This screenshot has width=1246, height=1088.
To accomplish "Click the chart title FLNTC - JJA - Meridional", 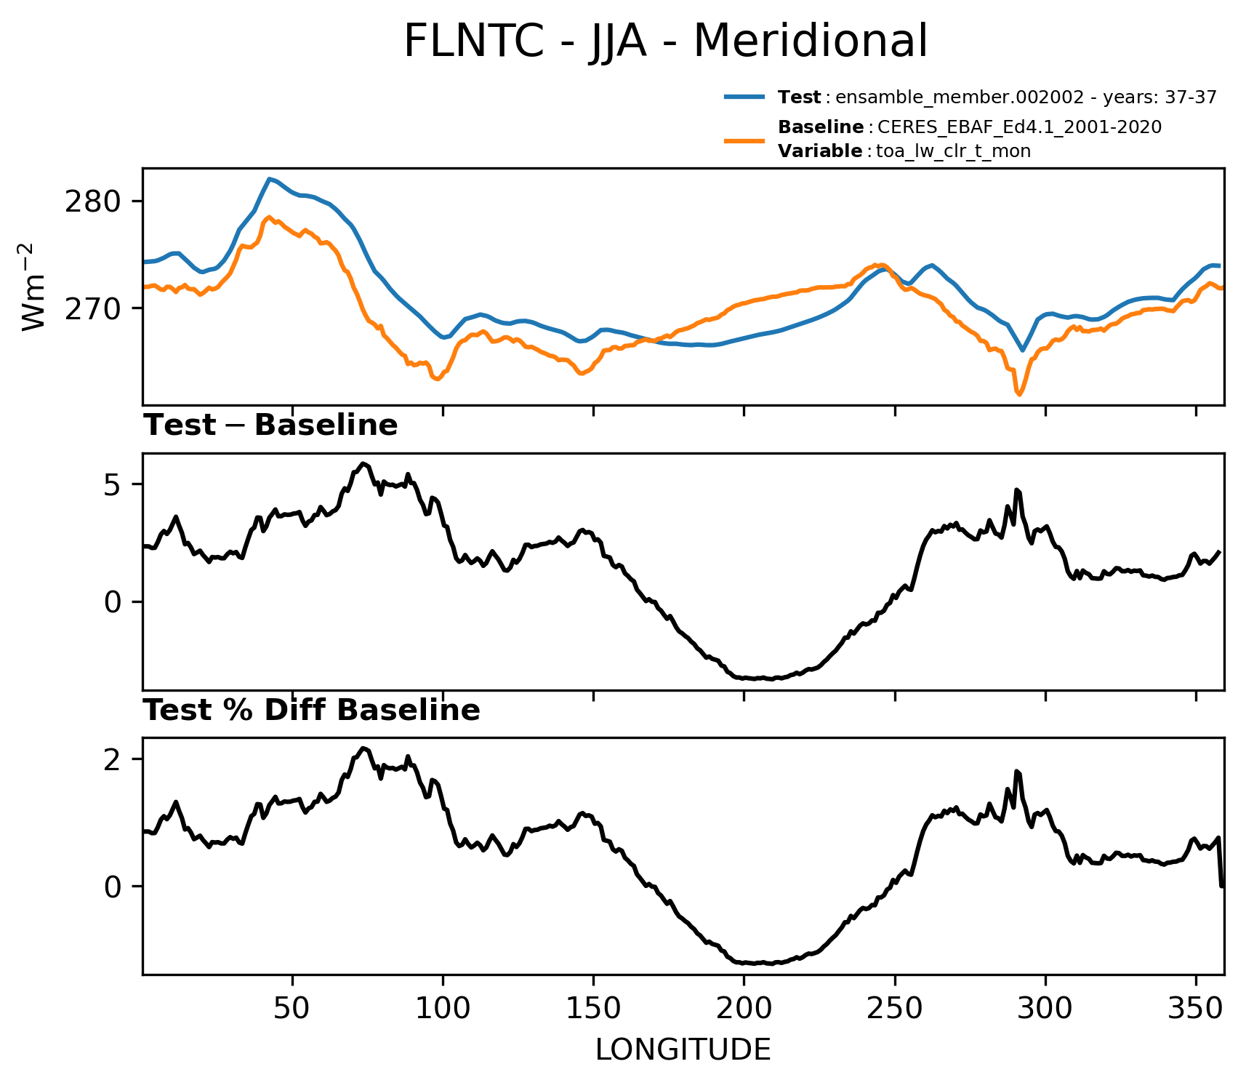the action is (x=665, y=41).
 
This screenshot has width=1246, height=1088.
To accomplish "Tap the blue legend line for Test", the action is (x=744, y=97).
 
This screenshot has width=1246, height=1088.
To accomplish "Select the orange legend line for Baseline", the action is (x=744, y=140).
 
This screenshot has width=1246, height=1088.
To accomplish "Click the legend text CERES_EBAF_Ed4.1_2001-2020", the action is (x=1020, y=127).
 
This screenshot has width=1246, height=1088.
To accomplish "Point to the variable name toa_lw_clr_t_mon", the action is (x=954, y=151).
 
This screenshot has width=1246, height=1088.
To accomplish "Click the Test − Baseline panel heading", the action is (x=270, y=425).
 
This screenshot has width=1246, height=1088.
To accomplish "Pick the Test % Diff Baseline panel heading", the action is (x=312, y=711).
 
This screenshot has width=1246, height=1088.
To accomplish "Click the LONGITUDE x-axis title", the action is (x=683, y=1050).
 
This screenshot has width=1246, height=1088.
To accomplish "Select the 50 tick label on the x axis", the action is (x=293, y=1009).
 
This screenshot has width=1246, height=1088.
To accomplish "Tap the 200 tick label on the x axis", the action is (x=744, y=1009).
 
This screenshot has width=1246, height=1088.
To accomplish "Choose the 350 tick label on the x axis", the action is (x=1196, y=1009).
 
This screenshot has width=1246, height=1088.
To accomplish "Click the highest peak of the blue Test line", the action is (x=269, y=179).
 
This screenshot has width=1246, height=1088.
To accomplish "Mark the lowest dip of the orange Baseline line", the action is (x=1019, y=395).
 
